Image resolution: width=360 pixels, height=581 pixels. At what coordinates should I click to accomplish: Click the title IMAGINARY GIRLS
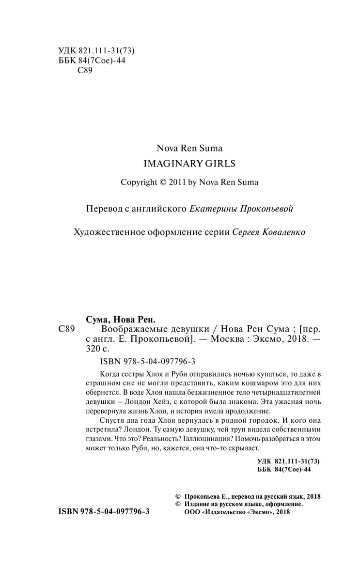[x=189, y=164]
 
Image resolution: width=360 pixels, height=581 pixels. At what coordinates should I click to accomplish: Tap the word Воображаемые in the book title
[x=124, y=329]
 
